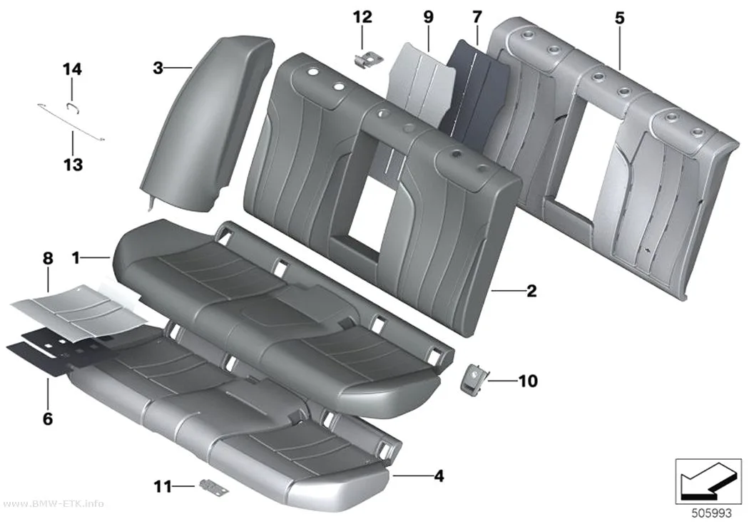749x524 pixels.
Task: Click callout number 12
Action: point(362,17)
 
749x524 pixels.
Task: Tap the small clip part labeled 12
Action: point(368,60)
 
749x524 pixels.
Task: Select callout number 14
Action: point(73,70)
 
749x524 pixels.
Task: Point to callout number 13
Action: point(73,165)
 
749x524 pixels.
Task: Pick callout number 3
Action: point(158,68)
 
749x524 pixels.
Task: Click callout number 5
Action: point(620,18)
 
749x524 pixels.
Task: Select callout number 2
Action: point(531,291)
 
